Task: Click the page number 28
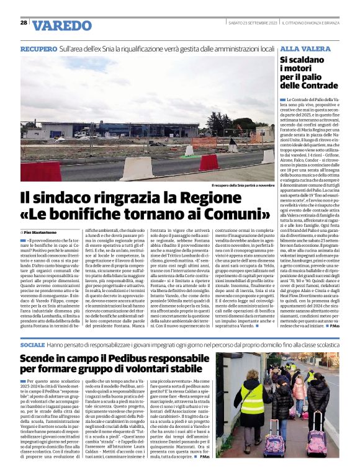(x=24, y=22)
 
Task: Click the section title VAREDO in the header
(x=61, y=26)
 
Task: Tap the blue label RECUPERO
(x=38, y=48)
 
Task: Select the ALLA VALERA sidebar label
(x=305, y=48)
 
